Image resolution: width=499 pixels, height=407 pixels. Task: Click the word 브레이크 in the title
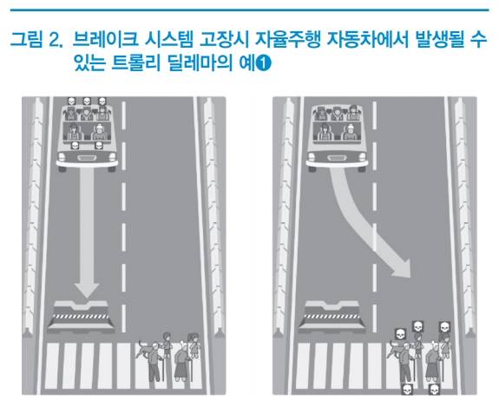[105, 39]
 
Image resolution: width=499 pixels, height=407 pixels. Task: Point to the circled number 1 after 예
[264, 63]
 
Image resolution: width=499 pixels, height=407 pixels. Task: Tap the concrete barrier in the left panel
[81, 316]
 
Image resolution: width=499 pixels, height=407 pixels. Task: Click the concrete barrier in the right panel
[332, 316]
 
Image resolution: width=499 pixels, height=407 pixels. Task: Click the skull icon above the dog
[401, 334]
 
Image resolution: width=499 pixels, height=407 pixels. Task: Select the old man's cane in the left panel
[163, 370]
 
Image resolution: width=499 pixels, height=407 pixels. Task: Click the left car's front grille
[87, 158]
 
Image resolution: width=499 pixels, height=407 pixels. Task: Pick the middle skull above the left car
[87, 102]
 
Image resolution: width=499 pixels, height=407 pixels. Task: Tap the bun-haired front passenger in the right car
[350, 132]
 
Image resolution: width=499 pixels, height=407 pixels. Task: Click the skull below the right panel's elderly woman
[434, 390]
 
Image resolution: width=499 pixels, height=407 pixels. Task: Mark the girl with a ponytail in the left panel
[194, 345]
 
